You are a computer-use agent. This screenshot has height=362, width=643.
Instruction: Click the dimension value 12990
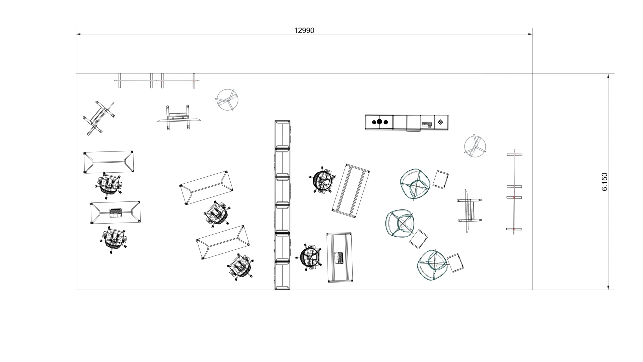(x=304, y=31)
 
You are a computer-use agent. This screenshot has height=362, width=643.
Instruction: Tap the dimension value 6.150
(x=604, y=182)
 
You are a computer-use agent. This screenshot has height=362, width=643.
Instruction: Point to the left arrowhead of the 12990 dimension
(x=78, y=34)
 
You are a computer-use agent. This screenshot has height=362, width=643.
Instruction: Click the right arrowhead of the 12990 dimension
(x=530, y=34)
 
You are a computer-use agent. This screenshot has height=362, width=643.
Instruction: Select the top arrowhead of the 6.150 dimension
(x=608, y=76)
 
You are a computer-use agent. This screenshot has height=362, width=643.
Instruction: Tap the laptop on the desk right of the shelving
(x=339, y=257)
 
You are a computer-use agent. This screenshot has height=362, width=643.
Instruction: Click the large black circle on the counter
(x=379, y=122)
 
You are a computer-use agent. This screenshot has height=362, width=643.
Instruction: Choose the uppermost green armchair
(x=415, y=184)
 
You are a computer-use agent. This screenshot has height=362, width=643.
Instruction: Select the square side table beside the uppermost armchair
(x=441, y=179)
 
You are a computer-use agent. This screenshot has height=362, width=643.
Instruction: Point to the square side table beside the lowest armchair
(x=455, y=262)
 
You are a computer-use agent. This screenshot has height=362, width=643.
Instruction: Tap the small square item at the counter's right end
(x=440, y=122)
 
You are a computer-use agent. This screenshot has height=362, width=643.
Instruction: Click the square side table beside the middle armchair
(x=419, y=239)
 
